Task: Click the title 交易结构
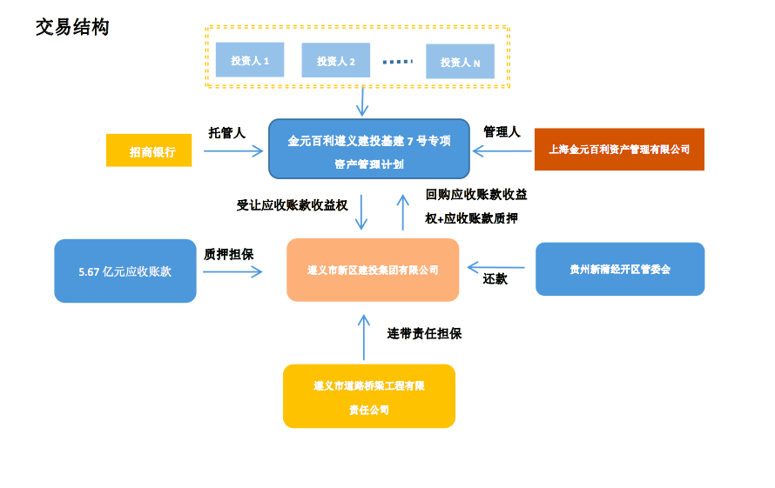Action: [72, 27]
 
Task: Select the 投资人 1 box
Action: [250, 60]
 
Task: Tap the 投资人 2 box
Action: [335, 60]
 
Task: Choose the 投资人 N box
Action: [460, 62]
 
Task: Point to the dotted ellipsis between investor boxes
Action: [397, 61]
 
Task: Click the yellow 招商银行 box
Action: [149, 151]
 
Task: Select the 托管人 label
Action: [227, 132]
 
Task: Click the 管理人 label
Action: [502, 131]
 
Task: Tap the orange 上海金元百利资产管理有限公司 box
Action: [619, 149]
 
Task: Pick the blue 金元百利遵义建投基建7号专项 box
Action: [368, 150]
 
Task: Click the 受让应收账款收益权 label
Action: [293, 205]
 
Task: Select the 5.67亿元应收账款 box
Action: [125, 271]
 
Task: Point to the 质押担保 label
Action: [228, 254]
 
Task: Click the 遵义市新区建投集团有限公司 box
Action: [373, 270]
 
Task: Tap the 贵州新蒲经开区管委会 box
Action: [620, 269]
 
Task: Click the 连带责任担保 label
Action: [424, 332]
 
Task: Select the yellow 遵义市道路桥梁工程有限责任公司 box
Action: [369, 396]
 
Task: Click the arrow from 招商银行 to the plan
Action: [233, 151]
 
